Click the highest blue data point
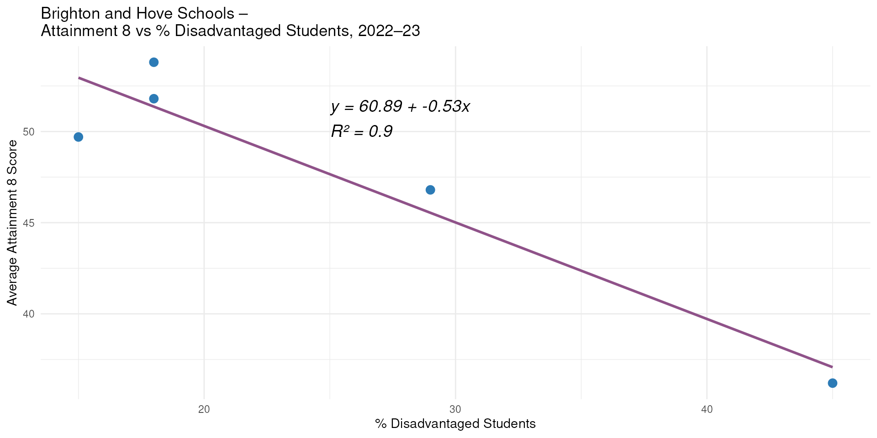[154, 62]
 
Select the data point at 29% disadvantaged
[430, 190]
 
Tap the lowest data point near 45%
[832, 383]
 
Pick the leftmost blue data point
[79, 137]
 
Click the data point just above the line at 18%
[154, 99]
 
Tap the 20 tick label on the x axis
[204, 409]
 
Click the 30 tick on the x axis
[455, 409]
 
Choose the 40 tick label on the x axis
[707, 409]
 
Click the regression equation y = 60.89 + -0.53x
[401, 107]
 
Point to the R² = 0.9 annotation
[362, 131]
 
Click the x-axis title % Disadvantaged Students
[455, 424]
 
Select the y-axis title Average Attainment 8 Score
[12, 223]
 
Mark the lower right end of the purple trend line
[832, 367]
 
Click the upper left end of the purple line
[79, 78]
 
